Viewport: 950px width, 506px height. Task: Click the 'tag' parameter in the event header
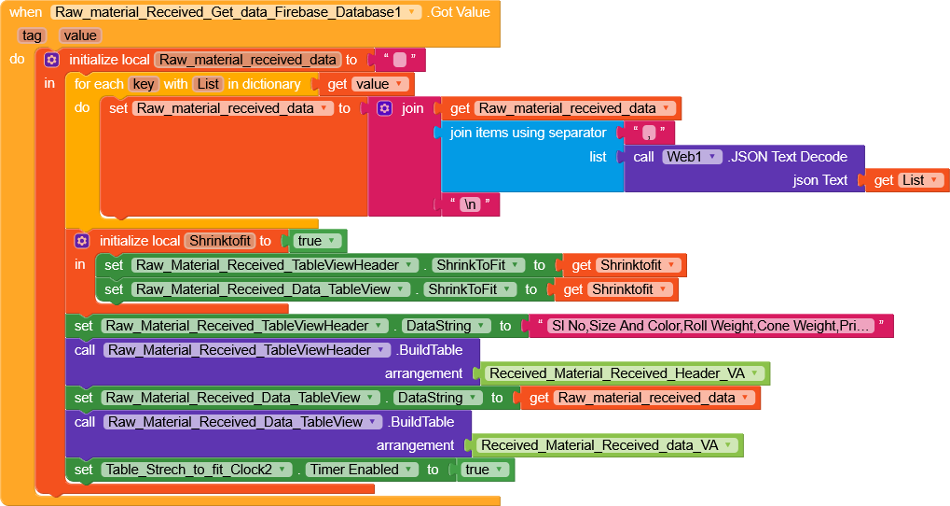pyautogui.click(x=33, y=35)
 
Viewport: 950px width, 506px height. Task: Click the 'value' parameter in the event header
pyautogui.click(x=80, y=35)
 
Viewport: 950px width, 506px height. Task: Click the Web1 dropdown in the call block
pyautogui.click(x=692, y=156)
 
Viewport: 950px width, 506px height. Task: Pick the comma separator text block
pyautogui.click(x=646, y=133)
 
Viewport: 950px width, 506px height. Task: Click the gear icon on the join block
pyautogui.click(x=384, y=108)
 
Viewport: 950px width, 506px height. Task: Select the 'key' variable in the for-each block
pyautogui.click(x=143, y=84)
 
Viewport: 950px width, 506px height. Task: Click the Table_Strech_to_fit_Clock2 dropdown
pyautogui.click(x=197, y=470)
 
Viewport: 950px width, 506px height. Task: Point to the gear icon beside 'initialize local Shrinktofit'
pyautogui.click(x=81, y=241)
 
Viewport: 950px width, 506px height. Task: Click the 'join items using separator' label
pyautogui.click(x=528, y=133)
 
